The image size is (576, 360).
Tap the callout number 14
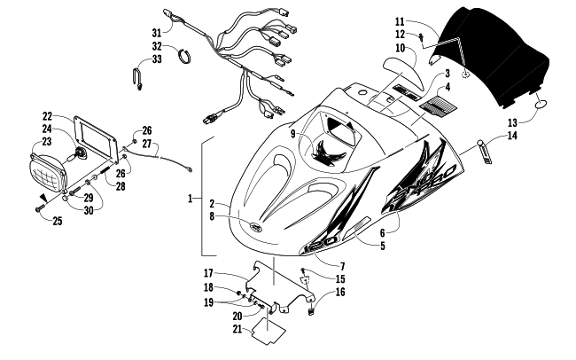point(512,136)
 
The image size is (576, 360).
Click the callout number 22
point(47,115)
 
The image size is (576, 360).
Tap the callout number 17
point(233,272)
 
